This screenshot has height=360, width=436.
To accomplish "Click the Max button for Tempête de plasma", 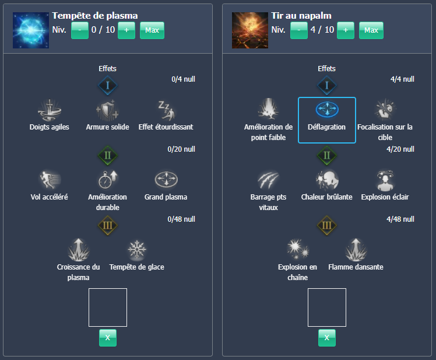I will click(152, 30).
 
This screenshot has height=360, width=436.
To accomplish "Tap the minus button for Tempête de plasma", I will click(80, 30).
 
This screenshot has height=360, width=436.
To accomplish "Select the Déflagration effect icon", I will click(326, 109).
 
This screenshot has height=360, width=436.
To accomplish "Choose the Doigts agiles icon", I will click(50, 109).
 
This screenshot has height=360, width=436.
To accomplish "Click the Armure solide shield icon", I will click(107, 109).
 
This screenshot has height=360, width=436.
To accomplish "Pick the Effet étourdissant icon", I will click(166, 109).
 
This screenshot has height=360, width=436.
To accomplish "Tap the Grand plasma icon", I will click(166, 179).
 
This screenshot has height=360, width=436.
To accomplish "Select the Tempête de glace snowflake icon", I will click(137, 250).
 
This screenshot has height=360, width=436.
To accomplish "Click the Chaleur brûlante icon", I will click(326, 179).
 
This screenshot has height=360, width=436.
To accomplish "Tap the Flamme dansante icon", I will click(356, 250).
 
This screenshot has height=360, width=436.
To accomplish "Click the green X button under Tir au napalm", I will click(326, 337).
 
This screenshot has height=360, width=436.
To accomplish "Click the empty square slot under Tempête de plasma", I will click(107, 307).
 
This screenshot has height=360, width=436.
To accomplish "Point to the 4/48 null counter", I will click(400, 219).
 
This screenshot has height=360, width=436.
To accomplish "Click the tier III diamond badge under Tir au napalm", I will click(326, 225).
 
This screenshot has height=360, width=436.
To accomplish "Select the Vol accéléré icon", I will click(50, 179).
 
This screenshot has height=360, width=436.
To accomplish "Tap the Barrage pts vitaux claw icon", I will click(268, 179).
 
